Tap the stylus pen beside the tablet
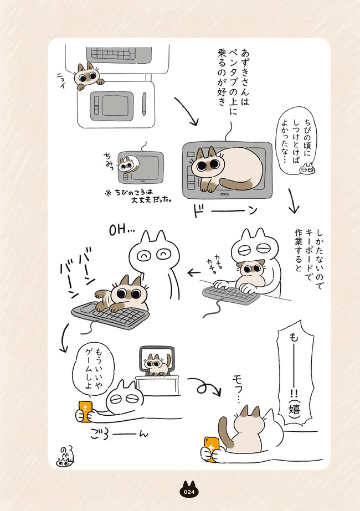click(144, 104)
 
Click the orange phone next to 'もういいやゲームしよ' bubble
click(85, 411)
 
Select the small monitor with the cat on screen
click(157, 360)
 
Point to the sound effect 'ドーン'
click(225, 210)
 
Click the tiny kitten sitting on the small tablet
click(128, 164)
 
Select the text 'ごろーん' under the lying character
click(119, 435)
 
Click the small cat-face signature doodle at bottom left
click(65, 456)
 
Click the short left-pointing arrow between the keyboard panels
click(194, 272)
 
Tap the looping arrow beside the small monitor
click(204, 386)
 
